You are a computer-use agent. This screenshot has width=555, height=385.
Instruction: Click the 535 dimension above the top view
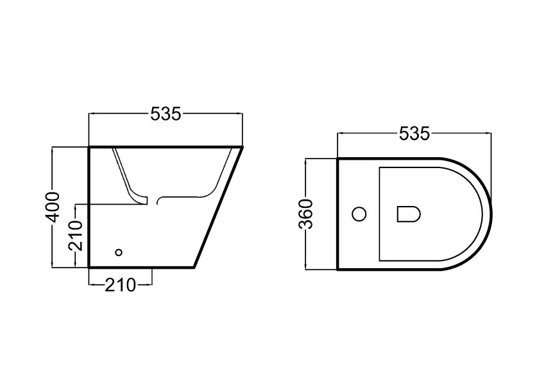click(x=414, y=133)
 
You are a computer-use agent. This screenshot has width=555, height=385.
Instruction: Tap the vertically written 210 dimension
click(x=76, y=235)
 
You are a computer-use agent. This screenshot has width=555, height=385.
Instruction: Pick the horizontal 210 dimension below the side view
click(x=120, y=284)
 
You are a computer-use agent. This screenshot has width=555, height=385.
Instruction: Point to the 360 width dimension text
click(x=306, y=214)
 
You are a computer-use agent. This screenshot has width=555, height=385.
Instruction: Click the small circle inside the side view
click(x=117, y=252)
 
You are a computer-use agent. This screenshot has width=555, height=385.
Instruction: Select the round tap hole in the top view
click(x=360, y=213)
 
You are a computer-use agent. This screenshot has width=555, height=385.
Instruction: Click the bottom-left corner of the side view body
click(x=89, y=267)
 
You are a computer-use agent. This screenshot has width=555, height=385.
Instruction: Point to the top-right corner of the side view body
click(x=243, y=147)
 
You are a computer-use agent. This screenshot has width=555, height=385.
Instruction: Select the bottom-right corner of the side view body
click(x=194, y=267)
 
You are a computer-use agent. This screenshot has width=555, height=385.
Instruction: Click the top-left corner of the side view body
click(x=89, y=147)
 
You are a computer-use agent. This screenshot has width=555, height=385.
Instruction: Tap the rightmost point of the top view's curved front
click(x=491, y=214)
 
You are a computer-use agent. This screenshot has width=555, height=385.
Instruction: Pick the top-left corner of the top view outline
click(x=337, y=158)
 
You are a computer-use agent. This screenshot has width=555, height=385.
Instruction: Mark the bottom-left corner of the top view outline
click(x=337, y=269)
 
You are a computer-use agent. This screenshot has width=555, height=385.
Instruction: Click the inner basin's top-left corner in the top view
click(x=380, y=168)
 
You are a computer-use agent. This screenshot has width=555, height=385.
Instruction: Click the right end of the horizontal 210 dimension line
click(x=152, y=284)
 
